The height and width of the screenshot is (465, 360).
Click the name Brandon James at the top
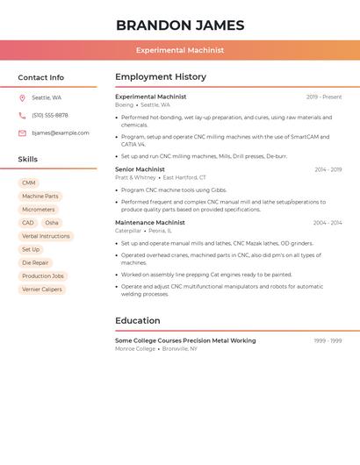[x=180, y=25]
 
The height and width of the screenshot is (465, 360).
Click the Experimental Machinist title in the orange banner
[x=180, y=51]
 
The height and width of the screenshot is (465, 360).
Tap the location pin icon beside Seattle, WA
[x=22, y=98]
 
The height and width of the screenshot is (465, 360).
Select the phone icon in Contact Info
[x=22, y=116]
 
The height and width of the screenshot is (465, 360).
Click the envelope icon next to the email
[x=22, y=133]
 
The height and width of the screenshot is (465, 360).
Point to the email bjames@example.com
[x=61, y=133]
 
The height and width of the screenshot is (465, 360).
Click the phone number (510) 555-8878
[x=50, y=116]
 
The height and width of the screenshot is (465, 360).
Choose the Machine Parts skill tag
[x=40, y=197]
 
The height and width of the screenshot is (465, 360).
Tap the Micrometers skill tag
[x=39, y=210]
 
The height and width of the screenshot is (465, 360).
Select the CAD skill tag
[x=28, y=223]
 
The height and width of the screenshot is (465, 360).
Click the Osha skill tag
[x=52, y=223]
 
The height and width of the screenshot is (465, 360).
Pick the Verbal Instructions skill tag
[x=46, y=236]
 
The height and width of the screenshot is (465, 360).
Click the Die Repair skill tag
[x=35, y=262]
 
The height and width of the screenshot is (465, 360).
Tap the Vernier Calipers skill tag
[x=42, y=290]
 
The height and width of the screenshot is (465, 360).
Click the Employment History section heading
[x=161, y=77]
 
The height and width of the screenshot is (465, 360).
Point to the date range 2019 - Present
[x=324, y=97]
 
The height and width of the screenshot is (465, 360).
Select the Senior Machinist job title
[x=140, y=169]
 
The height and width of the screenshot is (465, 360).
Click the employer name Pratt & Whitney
[x=135, y=177]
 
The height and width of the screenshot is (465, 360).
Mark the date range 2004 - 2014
[x=328, y=223]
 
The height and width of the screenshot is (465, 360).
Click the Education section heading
[x=138, y=321]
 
